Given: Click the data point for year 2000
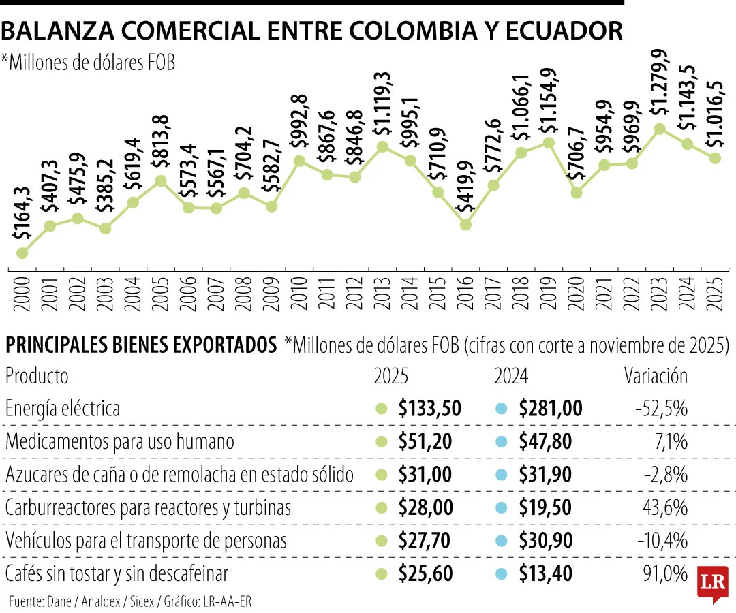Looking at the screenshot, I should pos(22,253).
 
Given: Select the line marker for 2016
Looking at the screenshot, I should pos(465,223).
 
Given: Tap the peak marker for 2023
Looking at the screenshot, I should pos(660,128).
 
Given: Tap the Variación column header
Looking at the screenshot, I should pos(656,376).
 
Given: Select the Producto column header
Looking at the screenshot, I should pos(37,376).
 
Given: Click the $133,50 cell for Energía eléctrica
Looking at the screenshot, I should pos(430,409).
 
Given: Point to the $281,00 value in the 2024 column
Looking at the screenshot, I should pos(550,409).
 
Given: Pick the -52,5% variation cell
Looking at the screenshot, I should pos(661,409).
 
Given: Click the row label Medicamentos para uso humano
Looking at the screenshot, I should pos(119,441).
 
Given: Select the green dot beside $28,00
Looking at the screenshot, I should pos(382,508).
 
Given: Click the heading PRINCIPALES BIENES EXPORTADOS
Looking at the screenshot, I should pos(140,346).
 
